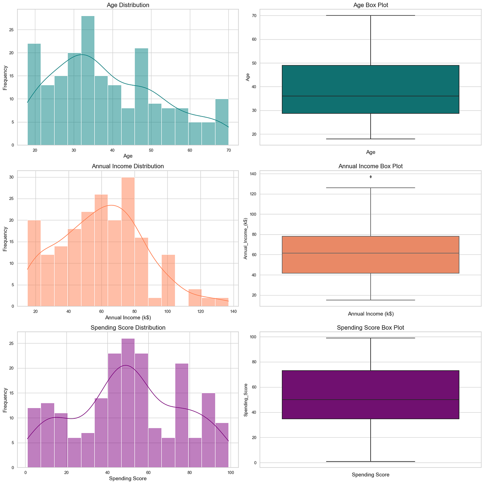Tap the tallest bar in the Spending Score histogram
pyautogui.click(x=128, y=403)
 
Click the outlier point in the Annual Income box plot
pyautogui.click(x=371, y=177)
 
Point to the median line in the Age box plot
pyautogui.click(x=371, y=96)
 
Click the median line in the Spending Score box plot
pyautogui.click(x=371, y=400)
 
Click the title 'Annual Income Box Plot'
pyautogui.click(x=371, y=166)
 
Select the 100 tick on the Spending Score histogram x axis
pyautogui.click(x=231, y=473)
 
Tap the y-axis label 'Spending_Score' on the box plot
pyautogui.click(x=246, y=400)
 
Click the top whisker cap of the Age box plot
pyautogui.click(x=371, y=16)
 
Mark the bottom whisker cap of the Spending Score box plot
pyautogui.click(x=371, y=462)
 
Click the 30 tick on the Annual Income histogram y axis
pyautogui.click(x=11, y=177)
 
